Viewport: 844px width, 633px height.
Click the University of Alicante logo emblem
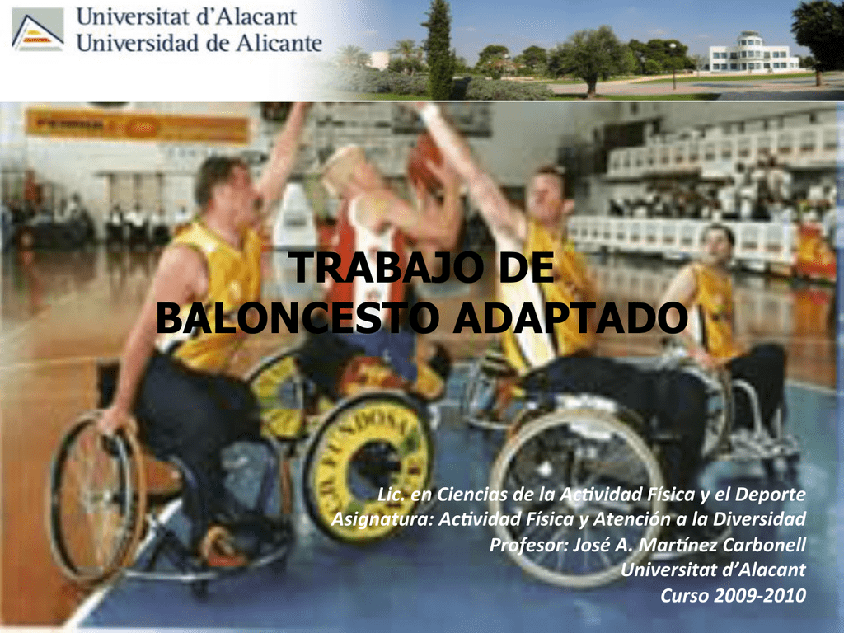[38, 30]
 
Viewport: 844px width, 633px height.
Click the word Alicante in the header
[273, 42]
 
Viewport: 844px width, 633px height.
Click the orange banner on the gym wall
[137, 126]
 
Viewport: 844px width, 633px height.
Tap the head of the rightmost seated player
[715, 244]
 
